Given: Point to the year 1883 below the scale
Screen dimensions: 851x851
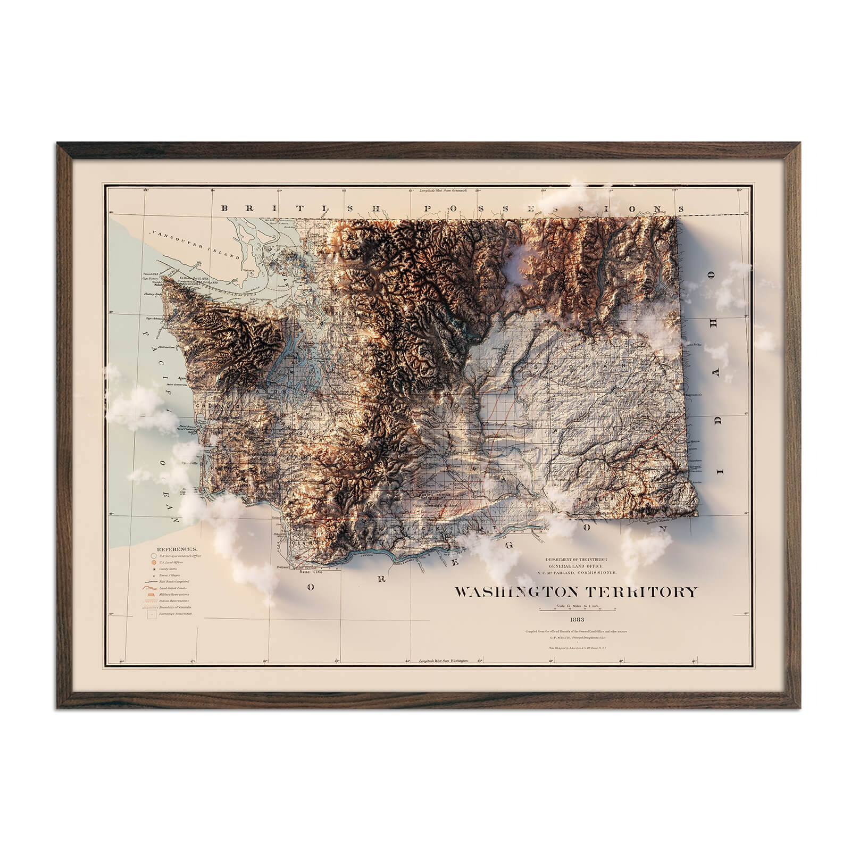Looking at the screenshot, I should pyautogui.click(x=577, y=619).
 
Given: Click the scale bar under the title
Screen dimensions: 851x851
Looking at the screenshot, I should pyautogui.click(x=577, y=608).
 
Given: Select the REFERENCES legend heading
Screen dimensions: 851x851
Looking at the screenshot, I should pyautogui.click(x=176, y=548).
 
